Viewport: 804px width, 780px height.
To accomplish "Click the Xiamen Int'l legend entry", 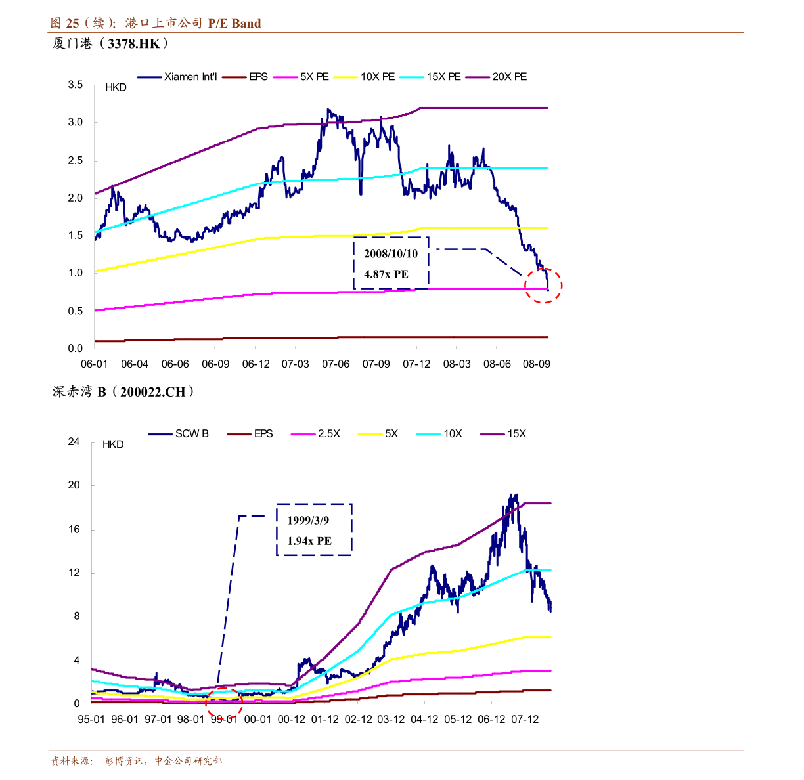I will (190, 77).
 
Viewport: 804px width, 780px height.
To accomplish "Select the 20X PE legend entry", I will (509, 77).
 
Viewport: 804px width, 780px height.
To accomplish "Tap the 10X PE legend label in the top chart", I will (378, 77).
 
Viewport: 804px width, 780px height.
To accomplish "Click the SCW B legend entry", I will (192, 434).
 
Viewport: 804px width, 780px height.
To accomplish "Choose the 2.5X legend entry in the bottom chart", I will (328, 434).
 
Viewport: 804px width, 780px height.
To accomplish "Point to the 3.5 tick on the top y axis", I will (76, 85).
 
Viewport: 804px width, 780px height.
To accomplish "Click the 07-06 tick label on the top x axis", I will (336, 364).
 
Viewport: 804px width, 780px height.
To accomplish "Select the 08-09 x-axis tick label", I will (537, 364).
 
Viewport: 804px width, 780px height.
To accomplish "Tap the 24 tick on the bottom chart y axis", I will (74, 442).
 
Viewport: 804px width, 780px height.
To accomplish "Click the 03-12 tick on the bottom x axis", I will (391, 720).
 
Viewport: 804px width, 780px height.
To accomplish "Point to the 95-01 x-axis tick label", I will (91, 720).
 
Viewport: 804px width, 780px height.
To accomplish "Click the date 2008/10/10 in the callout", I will (391, 254).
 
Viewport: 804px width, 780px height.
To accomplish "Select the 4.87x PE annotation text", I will (386, 274).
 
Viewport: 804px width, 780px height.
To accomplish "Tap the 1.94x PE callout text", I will (309, 541).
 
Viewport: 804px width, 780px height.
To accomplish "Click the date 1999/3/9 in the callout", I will (308, 521).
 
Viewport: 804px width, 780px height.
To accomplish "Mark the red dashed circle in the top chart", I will (544, 286).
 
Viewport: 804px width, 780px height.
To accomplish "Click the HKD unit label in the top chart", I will (116, 88).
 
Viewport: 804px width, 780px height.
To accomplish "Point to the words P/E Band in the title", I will (234, 24).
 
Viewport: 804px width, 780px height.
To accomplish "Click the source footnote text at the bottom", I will (137, 761).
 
